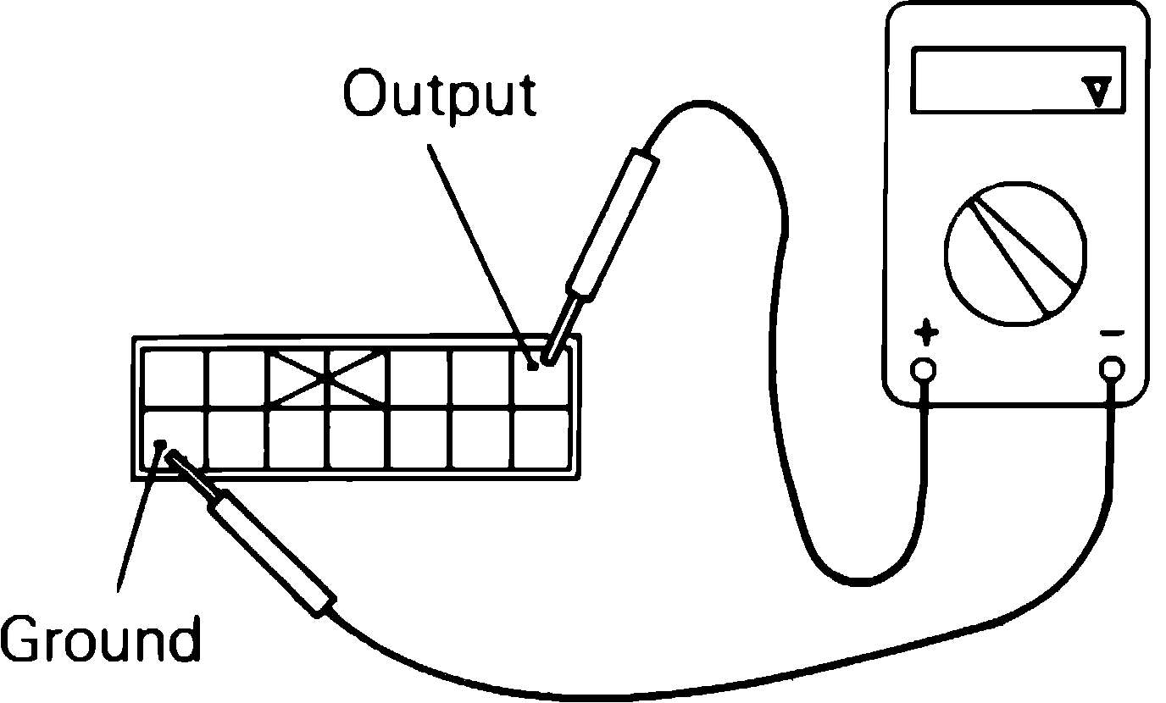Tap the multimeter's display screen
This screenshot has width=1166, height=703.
pos(1017,80)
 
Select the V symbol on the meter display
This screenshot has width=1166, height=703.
pos(1099,91)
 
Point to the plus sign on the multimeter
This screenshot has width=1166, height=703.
pos(925,334)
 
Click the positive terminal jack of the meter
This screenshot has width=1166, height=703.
pos(924,369)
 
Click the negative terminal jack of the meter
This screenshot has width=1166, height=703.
pos(1112,368)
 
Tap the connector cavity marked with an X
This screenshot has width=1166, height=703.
pos(327,377)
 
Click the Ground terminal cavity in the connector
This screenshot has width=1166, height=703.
pos(174,438)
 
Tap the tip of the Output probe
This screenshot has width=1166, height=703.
pos(549,359)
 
